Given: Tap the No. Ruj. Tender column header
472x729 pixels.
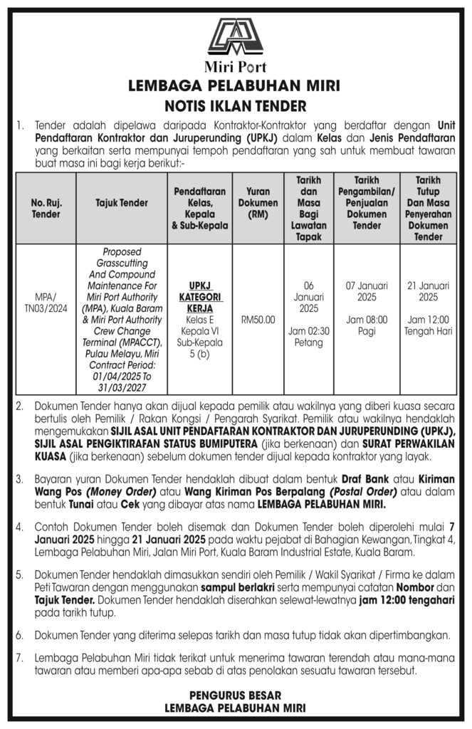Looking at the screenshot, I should coord(46,208).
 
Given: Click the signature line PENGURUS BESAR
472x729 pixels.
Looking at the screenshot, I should coord(236,695).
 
